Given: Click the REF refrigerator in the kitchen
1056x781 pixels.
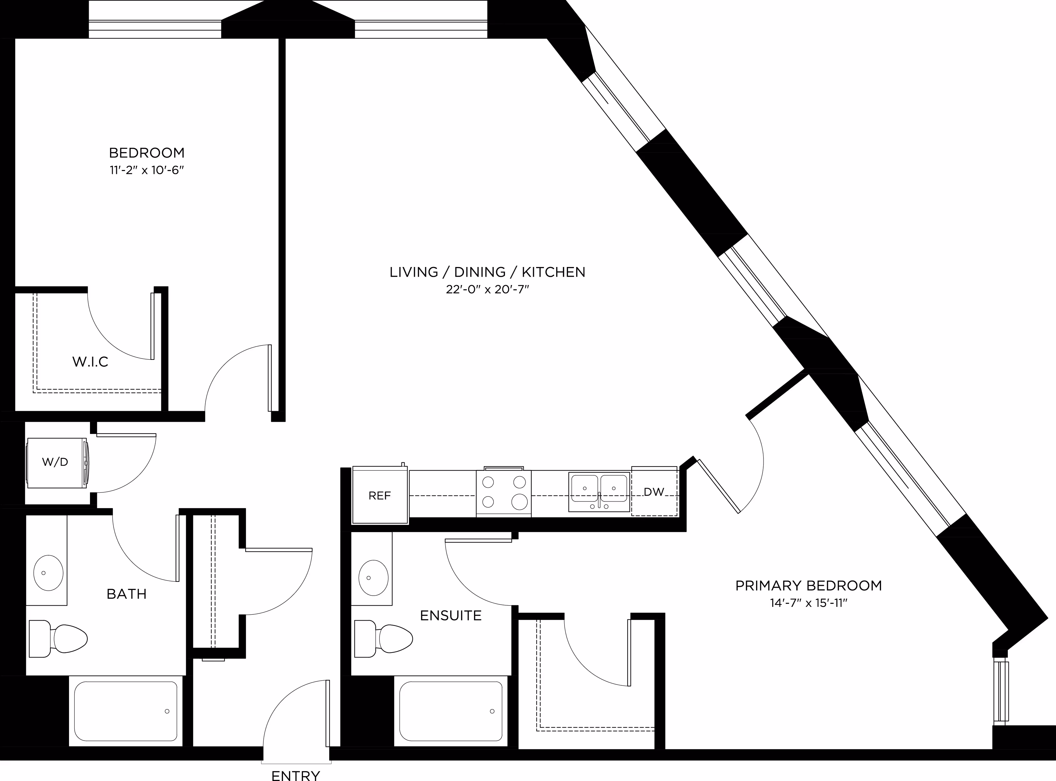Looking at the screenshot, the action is tap(380, 495).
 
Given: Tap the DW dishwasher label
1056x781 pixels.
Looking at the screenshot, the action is tap(654, 492).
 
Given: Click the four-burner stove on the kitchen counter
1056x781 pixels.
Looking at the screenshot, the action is tap(504, 492).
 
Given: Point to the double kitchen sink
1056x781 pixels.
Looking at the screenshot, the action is tap(599, 492).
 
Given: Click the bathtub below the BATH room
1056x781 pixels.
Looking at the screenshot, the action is tap(126, 711).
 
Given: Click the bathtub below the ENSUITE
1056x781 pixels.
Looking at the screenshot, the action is tap(451, 711).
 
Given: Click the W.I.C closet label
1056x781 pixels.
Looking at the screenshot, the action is tap(90, 362).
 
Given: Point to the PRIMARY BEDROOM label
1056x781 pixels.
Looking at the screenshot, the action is tap(809, 586).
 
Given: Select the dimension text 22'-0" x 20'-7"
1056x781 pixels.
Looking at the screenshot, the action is tap(487, 289).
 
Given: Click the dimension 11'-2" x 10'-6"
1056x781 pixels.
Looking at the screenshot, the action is tap(147, 170).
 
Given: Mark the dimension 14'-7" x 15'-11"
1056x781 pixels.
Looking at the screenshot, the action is tap(809, 603).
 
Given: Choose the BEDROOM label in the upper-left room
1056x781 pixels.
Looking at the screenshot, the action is tap(147, 153).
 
